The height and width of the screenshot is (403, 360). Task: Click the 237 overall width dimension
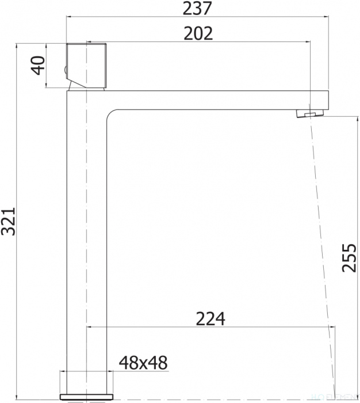pyautogui.click(x=197, y=8)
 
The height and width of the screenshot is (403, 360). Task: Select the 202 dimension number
pyautogui.click(x=198, y=33)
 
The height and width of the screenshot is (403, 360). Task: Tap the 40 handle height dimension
pyautogui.click(x=39, y=66)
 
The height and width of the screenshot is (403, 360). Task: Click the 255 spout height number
pyautogui.click(x=349, y=257)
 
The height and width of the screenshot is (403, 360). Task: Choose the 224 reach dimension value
pyautogui.click(x=210, y=319)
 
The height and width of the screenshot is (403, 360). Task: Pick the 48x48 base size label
pyautogui.click(x=143, y=363)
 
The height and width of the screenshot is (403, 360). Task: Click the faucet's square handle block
pyautogui.click(x=86, y=66)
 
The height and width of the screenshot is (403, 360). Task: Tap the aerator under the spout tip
pyautogui.click(x=310, y=113)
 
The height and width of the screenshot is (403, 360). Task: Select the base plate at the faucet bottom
pyautogui.click(x=86, y=397)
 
